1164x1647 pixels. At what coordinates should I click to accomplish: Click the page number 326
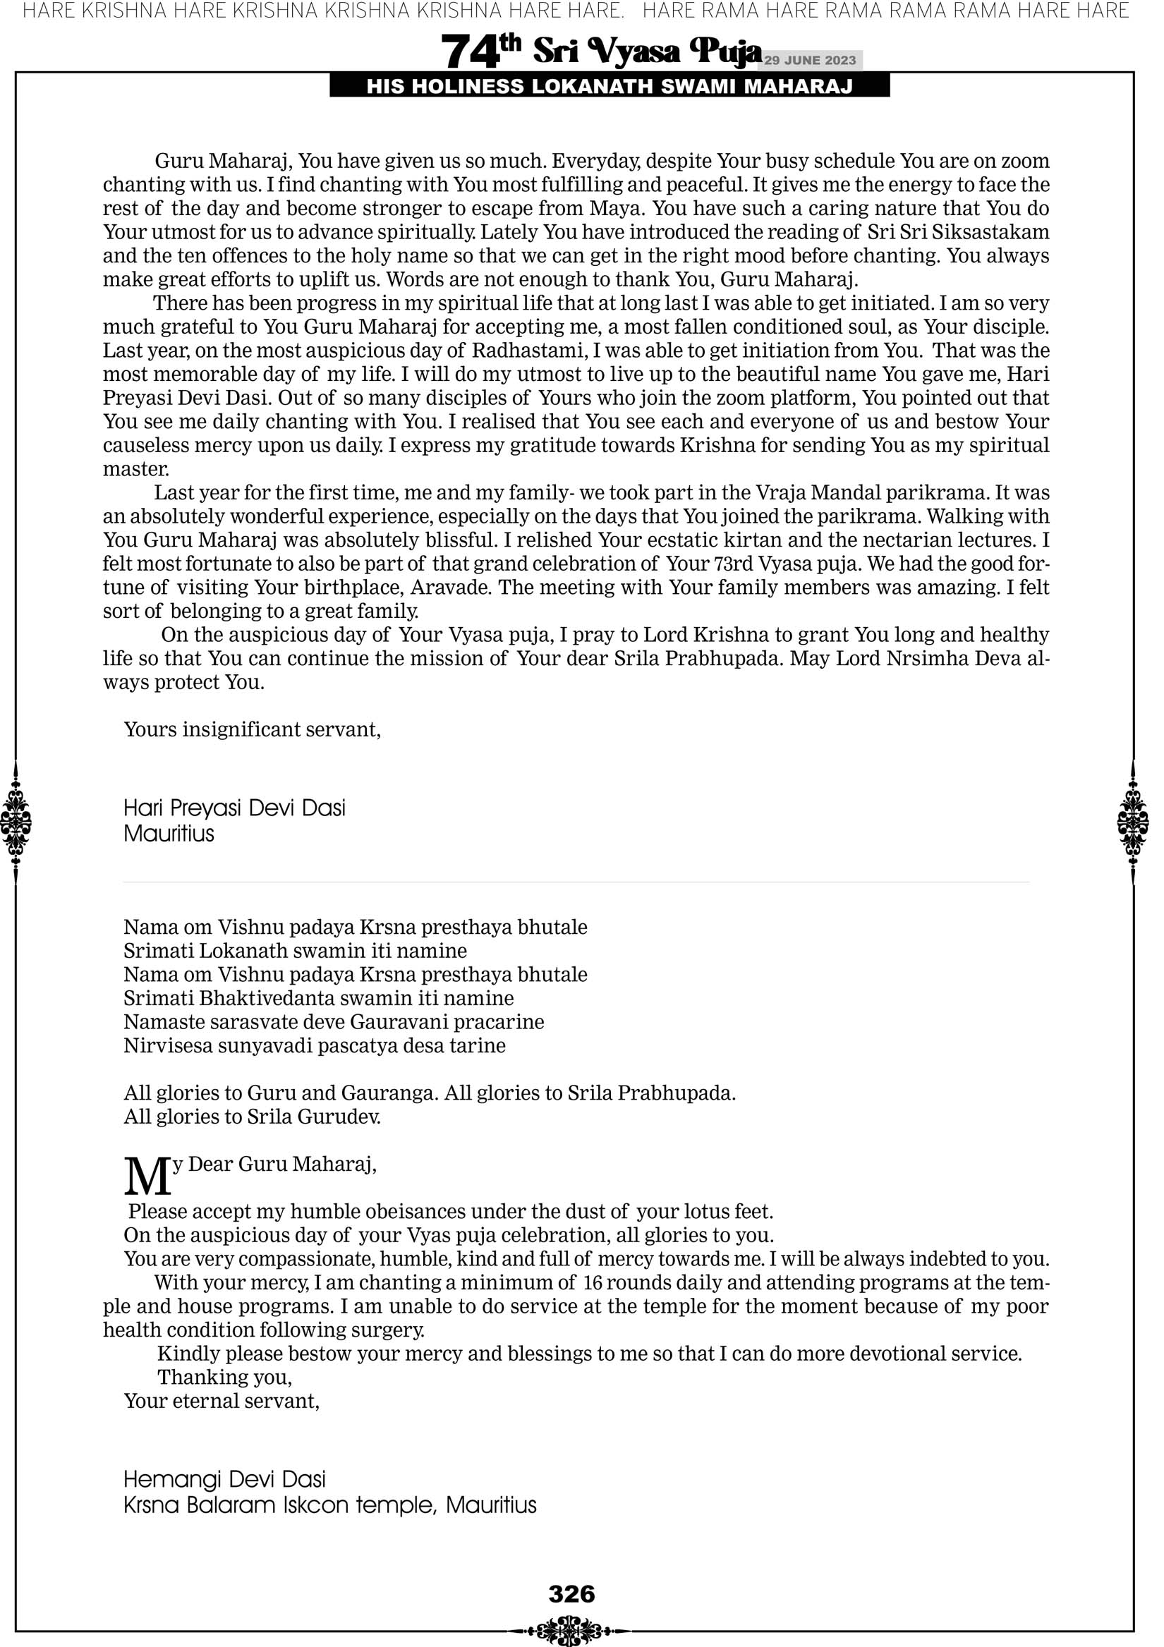[571, 1593]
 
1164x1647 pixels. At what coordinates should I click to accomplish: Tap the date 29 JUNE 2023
[809, 60]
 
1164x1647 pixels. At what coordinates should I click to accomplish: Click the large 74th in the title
[480, 51]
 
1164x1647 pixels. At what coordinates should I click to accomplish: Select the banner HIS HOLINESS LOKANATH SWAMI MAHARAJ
[610, 87]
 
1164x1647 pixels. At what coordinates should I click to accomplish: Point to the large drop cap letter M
[147, 1177]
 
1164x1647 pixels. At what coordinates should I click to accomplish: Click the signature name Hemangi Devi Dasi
[224, 1479]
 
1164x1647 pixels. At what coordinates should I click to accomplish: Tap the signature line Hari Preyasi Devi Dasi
[234, 808]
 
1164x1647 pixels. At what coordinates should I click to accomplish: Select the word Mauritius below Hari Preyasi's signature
[169, 834]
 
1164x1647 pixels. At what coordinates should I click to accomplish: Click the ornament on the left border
[15, 822]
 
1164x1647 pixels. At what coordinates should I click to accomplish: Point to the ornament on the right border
[1133, 822]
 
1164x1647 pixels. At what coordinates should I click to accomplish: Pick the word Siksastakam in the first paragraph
[990, 233]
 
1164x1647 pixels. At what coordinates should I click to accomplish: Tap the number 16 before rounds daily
[593, 1282]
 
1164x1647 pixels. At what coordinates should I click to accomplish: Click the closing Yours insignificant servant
[252, 729]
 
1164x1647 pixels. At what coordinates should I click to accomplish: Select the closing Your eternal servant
[221, 1401]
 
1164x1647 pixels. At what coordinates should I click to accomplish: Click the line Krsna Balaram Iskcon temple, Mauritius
[329, 1505]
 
